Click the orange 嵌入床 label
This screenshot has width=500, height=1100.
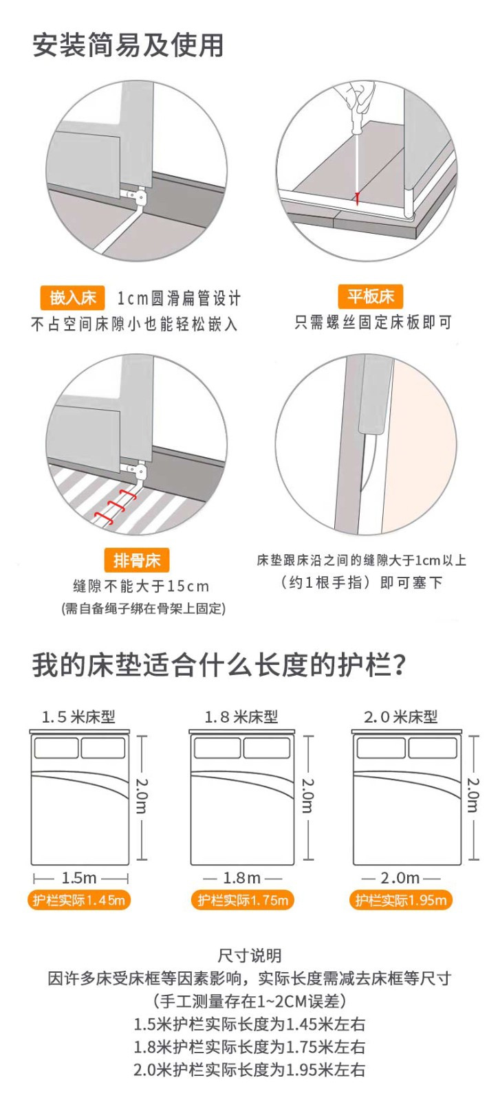[x=72, y=298]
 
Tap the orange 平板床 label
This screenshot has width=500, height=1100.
[x=370, y=296]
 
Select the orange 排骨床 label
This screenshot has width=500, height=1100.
[x=137, y=560]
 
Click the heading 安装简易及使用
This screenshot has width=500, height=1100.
[x=128, y=45]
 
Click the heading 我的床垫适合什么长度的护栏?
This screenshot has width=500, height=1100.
[x=219, y=666]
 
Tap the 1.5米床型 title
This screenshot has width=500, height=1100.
[x=78, y=717]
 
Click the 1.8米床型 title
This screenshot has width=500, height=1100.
[x=241, y=717]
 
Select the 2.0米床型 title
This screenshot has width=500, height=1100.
[x=401, y=717]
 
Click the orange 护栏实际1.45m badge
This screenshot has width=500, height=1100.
[x=79, y=900]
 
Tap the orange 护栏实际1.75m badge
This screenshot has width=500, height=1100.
[x=243, y=900]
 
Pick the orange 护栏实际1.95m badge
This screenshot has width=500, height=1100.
[x=401, y=900]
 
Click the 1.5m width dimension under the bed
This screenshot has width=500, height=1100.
[x=79, y=877]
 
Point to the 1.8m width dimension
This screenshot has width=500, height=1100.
[x=242, y=877]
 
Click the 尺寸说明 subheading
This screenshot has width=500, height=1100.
[x=250, y=956]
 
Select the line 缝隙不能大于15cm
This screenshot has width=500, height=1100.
[x=141, y=586]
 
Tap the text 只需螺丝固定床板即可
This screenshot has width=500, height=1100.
[x=373, y=322]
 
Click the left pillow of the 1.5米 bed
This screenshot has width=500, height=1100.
[x=56, y=748]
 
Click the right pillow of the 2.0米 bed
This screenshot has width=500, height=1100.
[x=433, y=748]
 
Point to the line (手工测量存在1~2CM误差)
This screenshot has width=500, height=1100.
[x=250, y=1001]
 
